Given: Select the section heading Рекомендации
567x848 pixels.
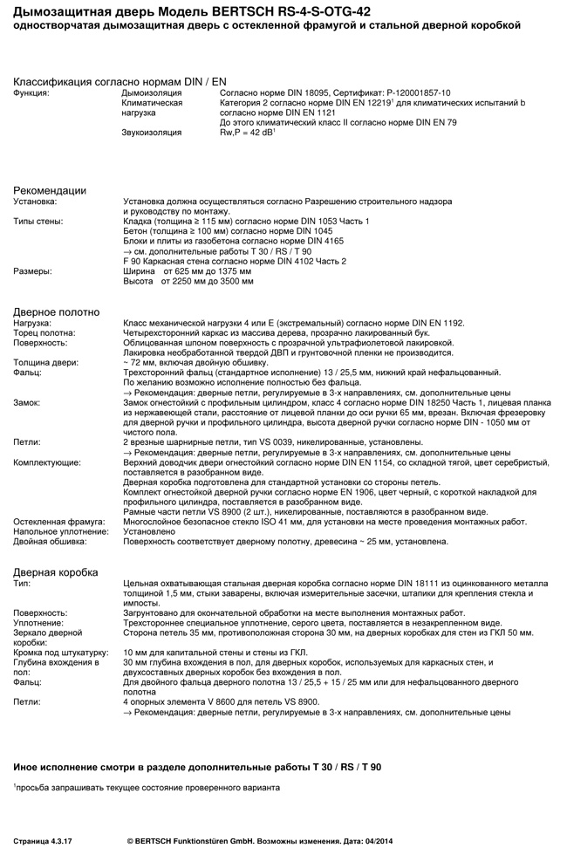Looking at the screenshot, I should [x=49, y=190].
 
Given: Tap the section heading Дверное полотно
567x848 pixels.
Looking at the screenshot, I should [x=56, y=311].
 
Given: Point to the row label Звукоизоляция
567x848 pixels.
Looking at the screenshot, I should [x=152, y=133].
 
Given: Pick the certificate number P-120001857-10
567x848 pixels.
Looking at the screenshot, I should [x=411, y=92].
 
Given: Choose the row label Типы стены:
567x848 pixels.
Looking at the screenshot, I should [x=38, y=222].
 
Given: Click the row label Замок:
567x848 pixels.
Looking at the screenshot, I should [x=27, y=403].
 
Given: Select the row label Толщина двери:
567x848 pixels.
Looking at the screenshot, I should [x=45, y=362].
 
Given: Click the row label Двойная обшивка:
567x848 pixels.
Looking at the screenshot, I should [x=50, y=542].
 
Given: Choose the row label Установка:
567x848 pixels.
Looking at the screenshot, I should [x=35, y=202].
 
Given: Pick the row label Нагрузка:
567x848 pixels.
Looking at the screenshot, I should [x=32, y=323].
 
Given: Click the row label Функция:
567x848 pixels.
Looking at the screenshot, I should [x=31, y=92].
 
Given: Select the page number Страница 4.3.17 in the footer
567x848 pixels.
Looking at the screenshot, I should [x=43, y=841].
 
